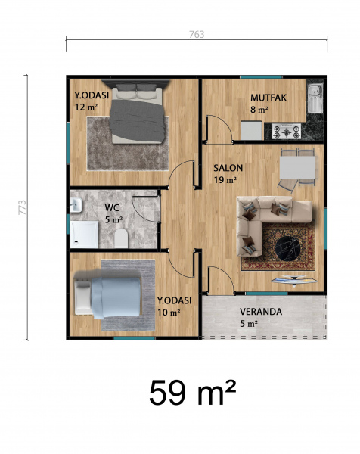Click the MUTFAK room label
click(x=268, y=98)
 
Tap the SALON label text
click(x=228, y=168)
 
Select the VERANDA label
click(x=261, y=312)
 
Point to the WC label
click(x=112, y=207)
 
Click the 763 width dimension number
click(x=197, y=35)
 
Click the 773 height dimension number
click(x=22, y=207)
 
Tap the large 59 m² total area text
click(x=192, y=393)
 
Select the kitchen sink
click(x=315, y=98)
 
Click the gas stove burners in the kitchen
click(x=287, y=132)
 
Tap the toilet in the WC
click(x=121, y=238)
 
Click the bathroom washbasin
click(x=76, y=205)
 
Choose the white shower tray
click(x=84, y=235)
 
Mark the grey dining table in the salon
click(x=297, y=168)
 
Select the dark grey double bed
click(x=137, y=114)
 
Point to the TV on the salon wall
click(x=294, y=279)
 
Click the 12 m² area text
click(x=86, y=107)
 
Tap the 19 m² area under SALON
click(x=225, y=180)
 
